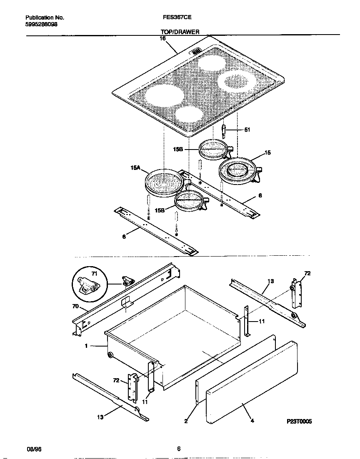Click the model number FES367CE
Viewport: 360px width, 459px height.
coord(177,18)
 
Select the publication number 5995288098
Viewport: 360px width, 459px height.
coord(42,25)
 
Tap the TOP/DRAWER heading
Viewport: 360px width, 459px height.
coord(180,32)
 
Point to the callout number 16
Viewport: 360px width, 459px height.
coord(162,38)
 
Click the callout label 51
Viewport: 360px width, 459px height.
coord(247,130)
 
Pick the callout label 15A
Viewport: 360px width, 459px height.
coord(135,169)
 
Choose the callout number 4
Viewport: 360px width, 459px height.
coord(252,421)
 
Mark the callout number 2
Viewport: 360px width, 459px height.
coord(186,421)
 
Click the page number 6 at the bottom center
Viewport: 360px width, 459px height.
coord(179,449)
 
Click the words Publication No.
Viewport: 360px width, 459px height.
coord(45,18)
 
